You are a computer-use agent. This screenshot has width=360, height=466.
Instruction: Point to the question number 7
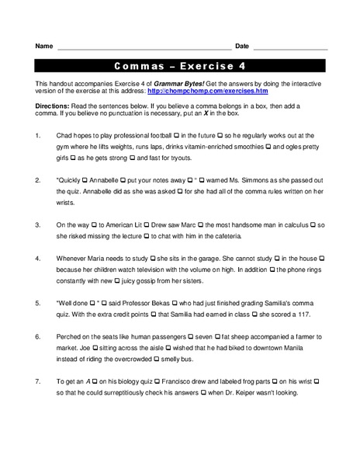[x=38, y=381]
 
